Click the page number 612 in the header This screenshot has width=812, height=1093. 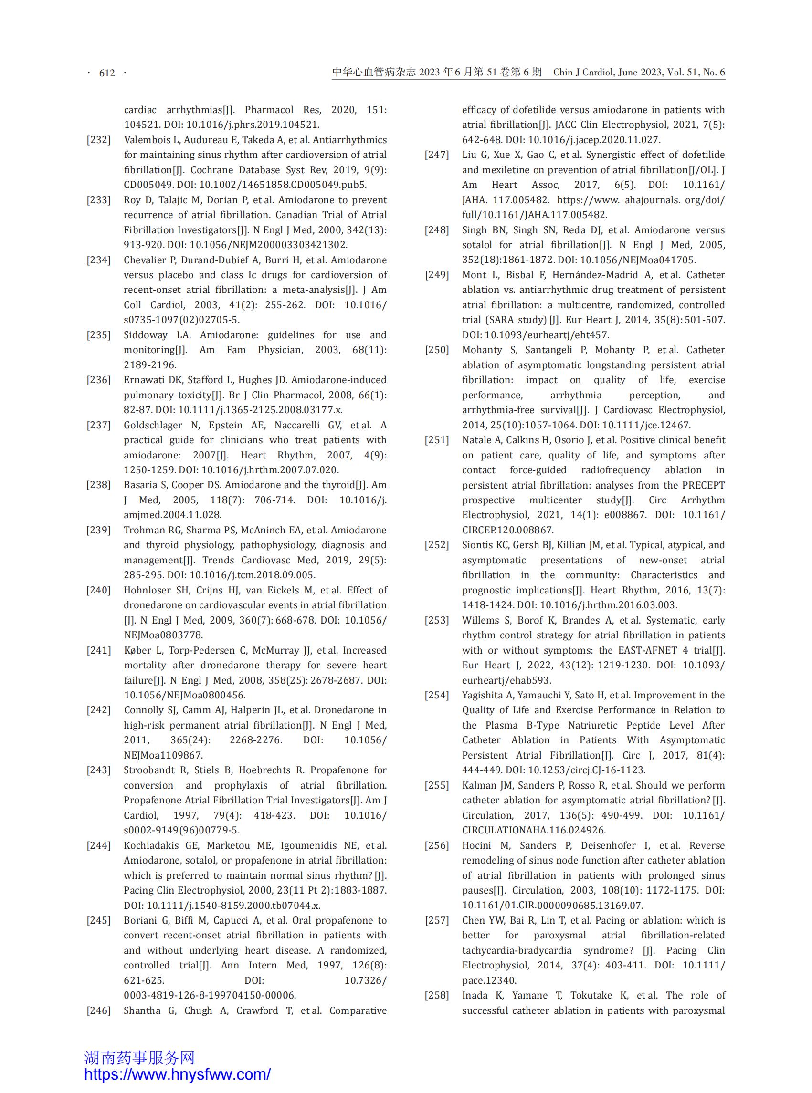[x=106, y=73]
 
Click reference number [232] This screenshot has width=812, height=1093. [x=99, y=140]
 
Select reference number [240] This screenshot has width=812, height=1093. [x=99, y=590]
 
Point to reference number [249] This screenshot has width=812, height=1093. [x=437, y=275]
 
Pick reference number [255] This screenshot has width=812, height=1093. [x=437, y=785]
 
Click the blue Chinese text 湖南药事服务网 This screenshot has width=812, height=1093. [x=139, y=1057]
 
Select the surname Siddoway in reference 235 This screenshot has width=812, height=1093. [x=146, y=335]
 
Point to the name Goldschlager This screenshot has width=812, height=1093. [x=153, y=425]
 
